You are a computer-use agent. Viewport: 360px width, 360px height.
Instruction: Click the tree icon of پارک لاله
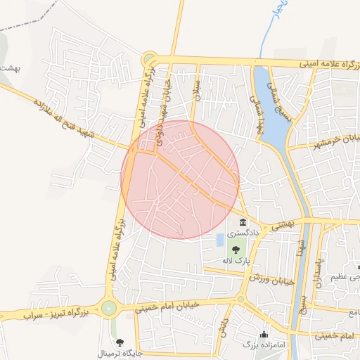(x=236, y=248)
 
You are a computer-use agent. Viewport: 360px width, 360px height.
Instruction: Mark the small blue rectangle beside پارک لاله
(x=220, y=239)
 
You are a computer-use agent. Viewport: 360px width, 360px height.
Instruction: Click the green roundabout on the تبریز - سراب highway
(x=108, y=307)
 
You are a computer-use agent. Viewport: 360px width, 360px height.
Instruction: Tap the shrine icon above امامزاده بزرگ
(x=264, y=334)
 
